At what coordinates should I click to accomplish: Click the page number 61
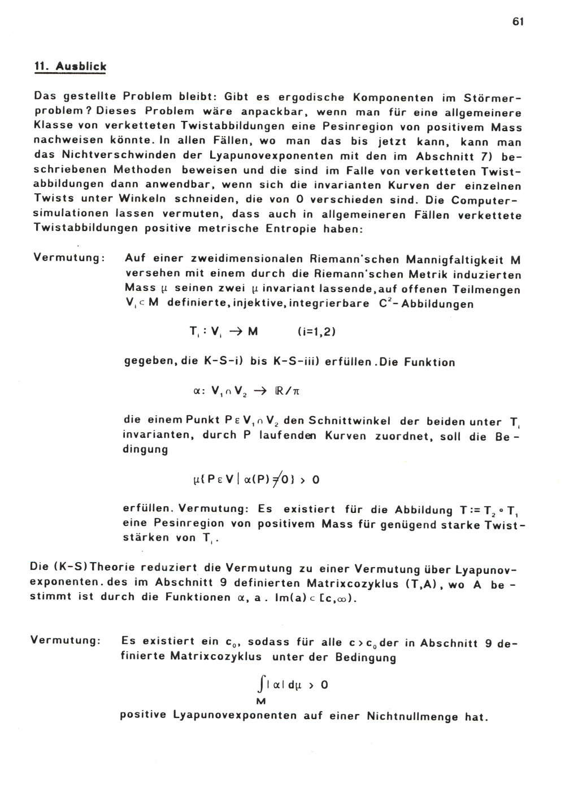pyautogui.click(x=518, y=22)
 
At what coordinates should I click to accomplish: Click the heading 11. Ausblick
pyautogui.click(x=70, y=66)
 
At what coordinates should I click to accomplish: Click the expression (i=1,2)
pyautogui.click(x=316, y=332)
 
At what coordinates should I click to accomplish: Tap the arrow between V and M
pyautogui.click(x=231, y=332)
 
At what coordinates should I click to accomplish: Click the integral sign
pyautogui.click(x=259, y=686)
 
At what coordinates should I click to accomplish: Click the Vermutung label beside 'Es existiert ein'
pyautogui.click(x=66, y=640)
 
